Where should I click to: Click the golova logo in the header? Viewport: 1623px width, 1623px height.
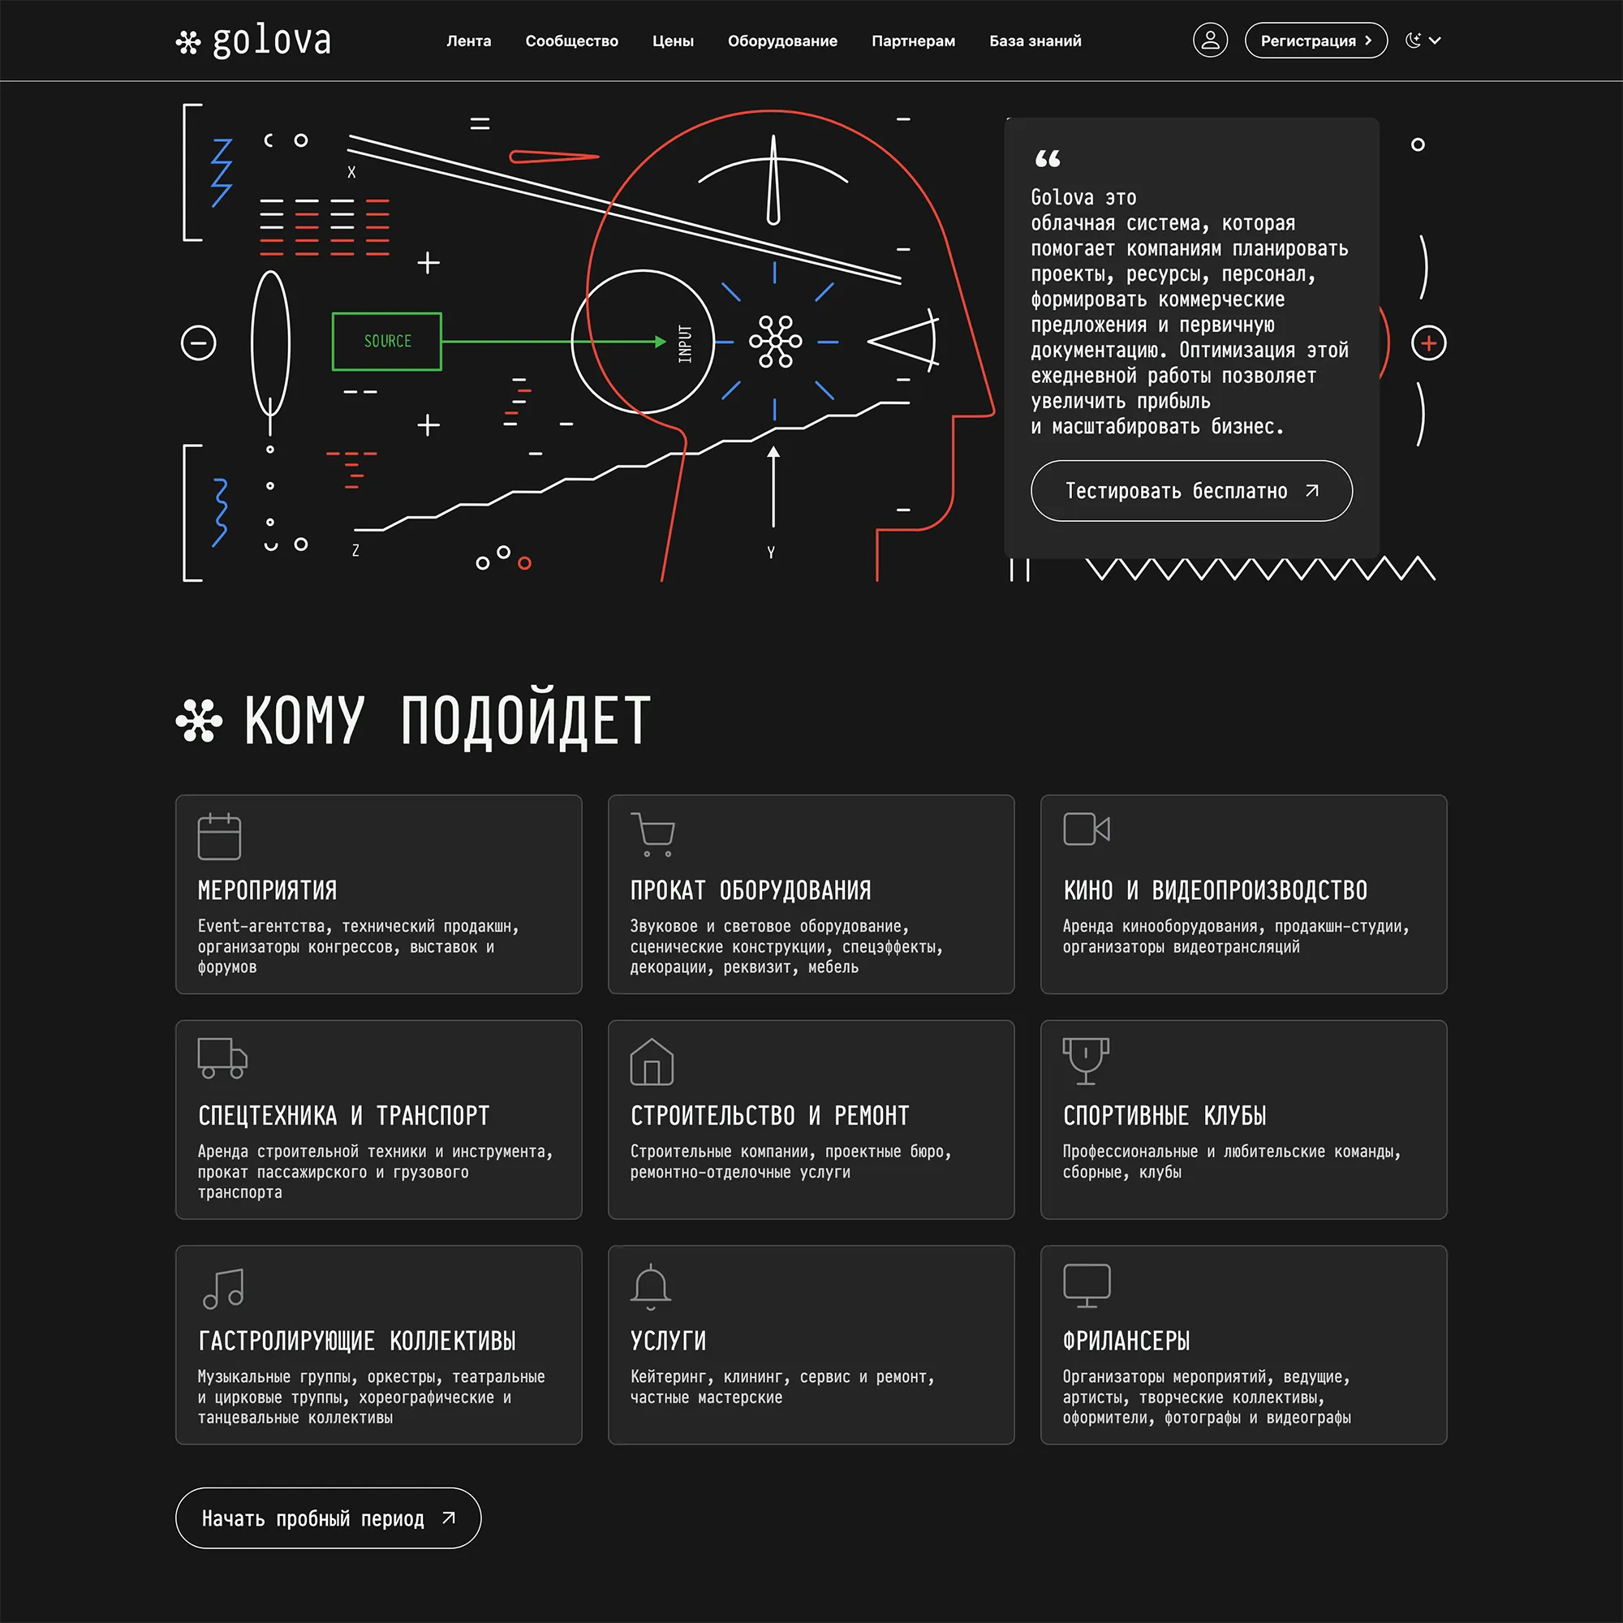[x=254, y=41]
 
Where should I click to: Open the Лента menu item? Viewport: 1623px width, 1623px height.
[x=469, y=41]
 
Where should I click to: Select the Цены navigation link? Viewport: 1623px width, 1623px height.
[x=673, y=41]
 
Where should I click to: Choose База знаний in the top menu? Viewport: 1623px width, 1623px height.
[x=1035, y=41]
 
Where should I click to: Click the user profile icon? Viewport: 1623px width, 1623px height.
[x=1210, y=41]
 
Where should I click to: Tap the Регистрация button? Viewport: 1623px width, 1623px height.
[x=1315, y=41]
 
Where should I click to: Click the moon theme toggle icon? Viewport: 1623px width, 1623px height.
[x=1413, y=41]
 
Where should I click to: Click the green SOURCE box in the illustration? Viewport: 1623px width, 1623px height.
[x=387, y=341]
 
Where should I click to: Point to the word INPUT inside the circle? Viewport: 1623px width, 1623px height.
[x=686, y=343]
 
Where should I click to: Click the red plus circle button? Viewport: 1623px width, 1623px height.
[x=1429, y=342]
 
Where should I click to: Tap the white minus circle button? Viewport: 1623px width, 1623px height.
[x=199, y=342]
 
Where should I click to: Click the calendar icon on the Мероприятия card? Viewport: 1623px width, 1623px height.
[x=219, y=836]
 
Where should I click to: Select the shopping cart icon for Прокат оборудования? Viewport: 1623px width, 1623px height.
[x=652, y=834]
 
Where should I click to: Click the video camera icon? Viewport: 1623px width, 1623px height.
[x=1087, y=829]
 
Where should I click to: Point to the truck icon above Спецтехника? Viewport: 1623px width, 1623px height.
[x=222, y=1057]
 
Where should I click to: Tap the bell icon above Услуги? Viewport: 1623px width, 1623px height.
[x=651, y=1286]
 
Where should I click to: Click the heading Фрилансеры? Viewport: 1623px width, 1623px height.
[x=1126, y=1341]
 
